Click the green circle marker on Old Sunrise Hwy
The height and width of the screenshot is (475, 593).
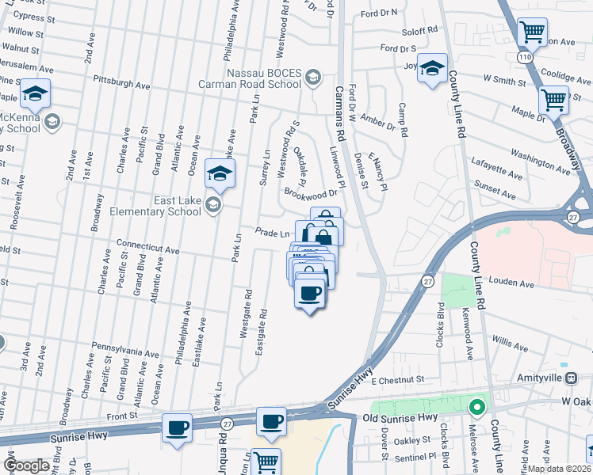(x=476, y=408)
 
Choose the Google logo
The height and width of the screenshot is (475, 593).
(x=28, y=465)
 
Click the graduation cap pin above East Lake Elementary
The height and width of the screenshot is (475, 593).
(x=220, y=174)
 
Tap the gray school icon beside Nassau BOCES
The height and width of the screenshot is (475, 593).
(x=313, y=77)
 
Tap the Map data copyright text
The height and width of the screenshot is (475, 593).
(x=560, y=469)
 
